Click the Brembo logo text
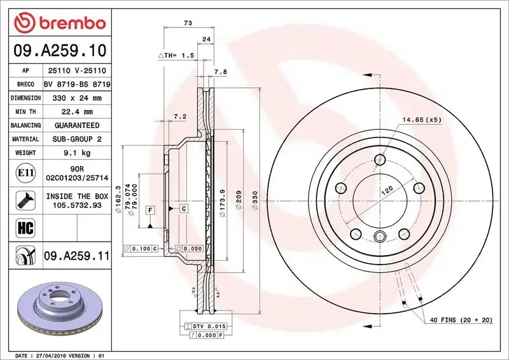[69, 23]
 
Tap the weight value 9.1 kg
[77, 153]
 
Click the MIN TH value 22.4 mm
[77, 112]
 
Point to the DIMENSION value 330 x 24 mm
[77, 98]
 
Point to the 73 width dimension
[188, 23]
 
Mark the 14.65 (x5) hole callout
[421, 120]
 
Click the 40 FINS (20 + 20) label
[461, 320]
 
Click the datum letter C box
[183, 209]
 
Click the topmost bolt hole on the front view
[380, 160]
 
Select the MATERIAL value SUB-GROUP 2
[77, 139]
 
